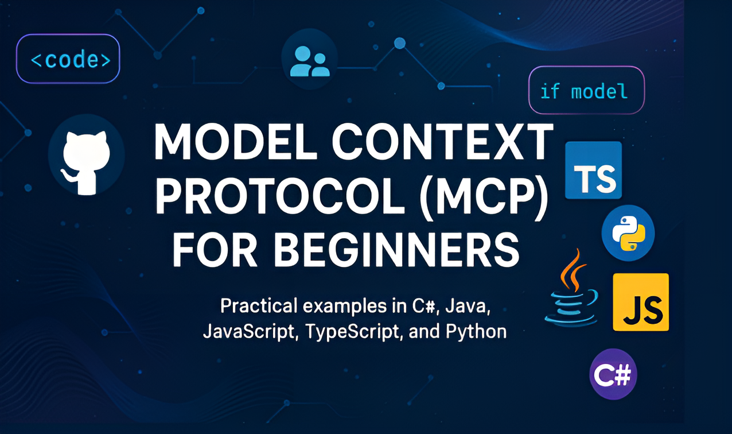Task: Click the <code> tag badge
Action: click(x=68, y=59)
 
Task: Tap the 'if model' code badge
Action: click(x=587, y=90)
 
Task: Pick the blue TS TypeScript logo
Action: click(x=593, y=170)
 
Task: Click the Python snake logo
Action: click(x=628, y=233)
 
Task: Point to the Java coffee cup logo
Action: click(x=571, y=288)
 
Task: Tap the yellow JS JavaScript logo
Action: click(x=641, y=302)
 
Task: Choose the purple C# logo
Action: click(x=613, y=374)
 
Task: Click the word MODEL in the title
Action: click(x=236, y=142)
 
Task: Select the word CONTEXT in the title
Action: click(x=442, y=141)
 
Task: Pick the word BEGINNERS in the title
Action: click(x=396, y=249)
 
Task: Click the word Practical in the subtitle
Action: click(x=259, y=307)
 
